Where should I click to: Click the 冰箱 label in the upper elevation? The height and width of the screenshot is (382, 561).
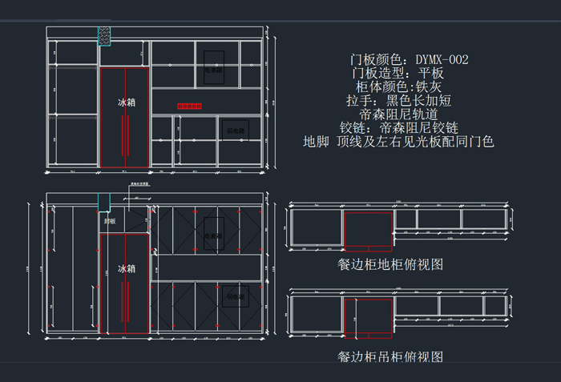click(x=127, y=103)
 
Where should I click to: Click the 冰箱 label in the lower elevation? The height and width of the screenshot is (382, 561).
click(x=127, y=268)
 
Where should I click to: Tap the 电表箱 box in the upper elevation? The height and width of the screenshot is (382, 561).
click(x=212, y=67)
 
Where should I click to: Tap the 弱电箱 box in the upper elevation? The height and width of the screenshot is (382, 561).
click(x=236, y=127)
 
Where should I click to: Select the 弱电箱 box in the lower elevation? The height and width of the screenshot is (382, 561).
click(x=235, y=296)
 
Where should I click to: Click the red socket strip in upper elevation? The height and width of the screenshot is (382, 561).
click(x=189, y=106)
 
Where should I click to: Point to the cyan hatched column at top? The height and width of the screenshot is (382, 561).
click(x=104, y=36)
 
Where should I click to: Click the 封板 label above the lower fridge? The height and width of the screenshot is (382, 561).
click(x=110, y=220)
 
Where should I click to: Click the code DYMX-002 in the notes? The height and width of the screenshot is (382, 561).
click(x=442, y=59)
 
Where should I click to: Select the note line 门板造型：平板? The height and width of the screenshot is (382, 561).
click(x=398, y=73)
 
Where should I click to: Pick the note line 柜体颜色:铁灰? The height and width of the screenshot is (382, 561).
click(x=398, y=86)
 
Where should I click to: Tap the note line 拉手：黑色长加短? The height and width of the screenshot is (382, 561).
click(x=398, y=100)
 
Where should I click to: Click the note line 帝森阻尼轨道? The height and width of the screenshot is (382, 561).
click(x=398, y=114)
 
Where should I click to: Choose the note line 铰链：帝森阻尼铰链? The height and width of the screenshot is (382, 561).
click(x=398, y=127)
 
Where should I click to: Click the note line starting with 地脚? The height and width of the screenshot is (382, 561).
click(x=398, y=142)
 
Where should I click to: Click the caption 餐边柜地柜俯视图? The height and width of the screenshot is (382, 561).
click(x=390, y=263)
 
